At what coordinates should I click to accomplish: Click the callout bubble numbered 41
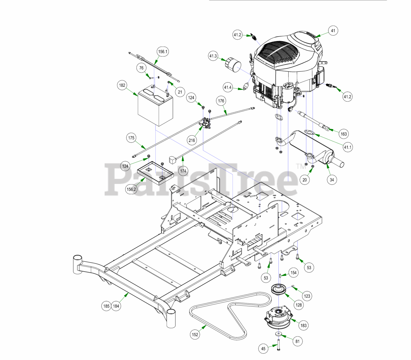[333, 31]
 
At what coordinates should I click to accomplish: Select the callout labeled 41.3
[213, 56]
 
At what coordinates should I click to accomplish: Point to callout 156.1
[163, 51]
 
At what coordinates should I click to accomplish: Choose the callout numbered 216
[192, 140]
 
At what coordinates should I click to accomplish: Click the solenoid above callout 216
[206, 122]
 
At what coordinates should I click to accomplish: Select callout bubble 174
[183, 171]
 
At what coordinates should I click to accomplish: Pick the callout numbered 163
[344, 134]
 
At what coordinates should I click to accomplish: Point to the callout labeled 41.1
[348, 148]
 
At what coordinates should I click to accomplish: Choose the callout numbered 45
[263, 348]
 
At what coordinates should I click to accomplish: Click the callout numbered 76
[141, 68]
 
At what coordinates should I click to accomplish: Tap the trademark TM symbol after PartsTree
[301, 166]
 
